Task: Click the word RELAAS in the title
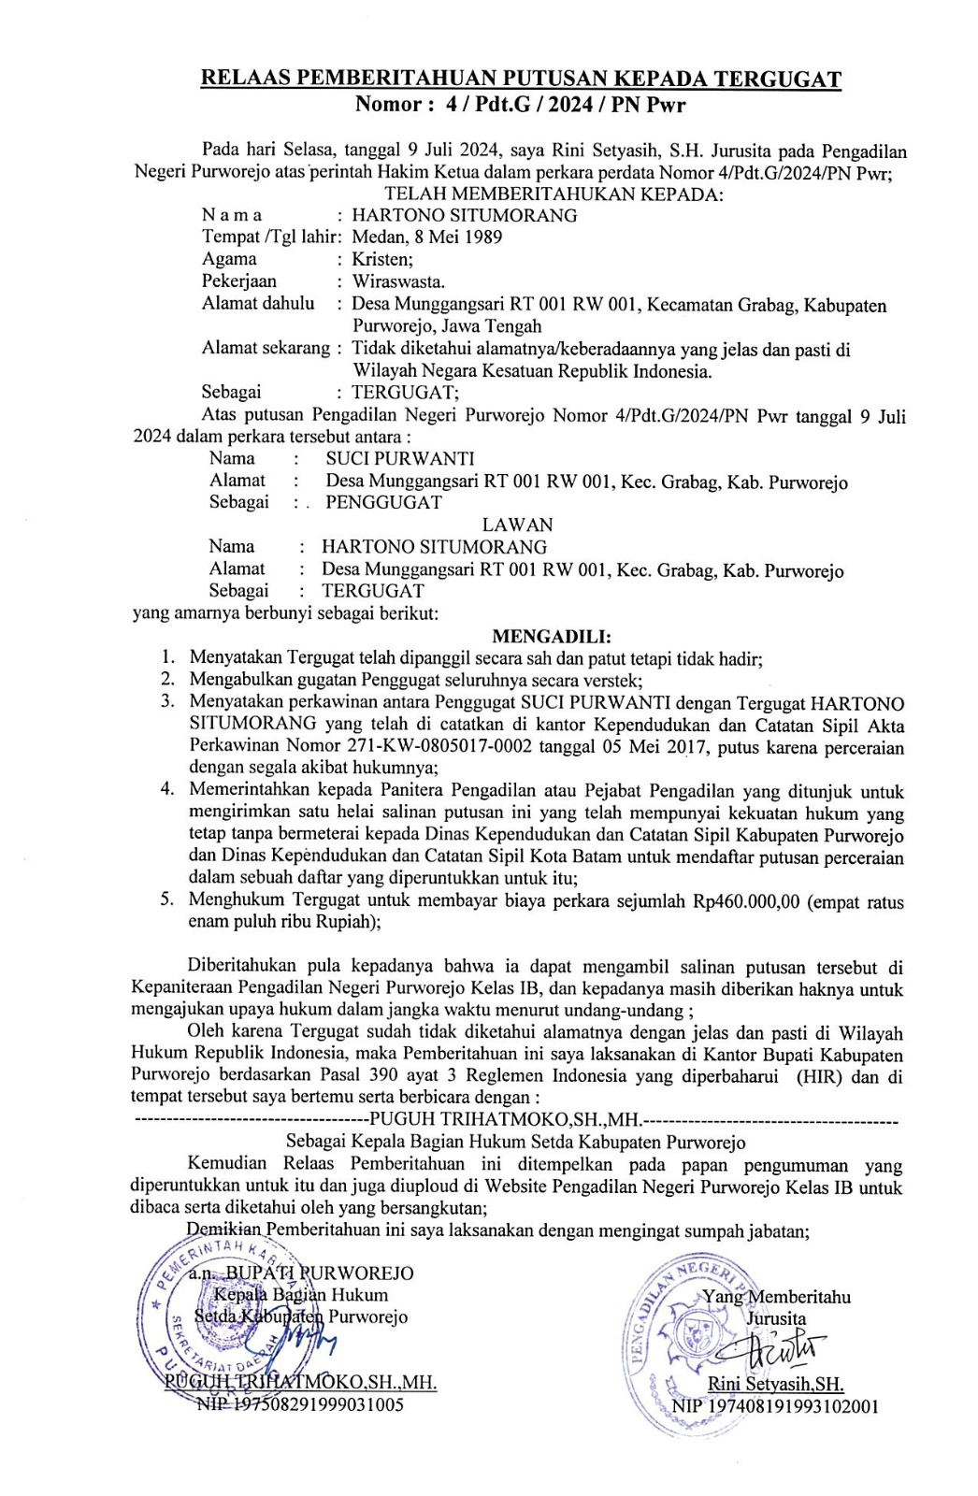tap(242, 79)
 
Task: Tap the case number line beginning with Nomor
tap(520, 104)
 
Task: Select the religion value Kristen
tap(381, 259)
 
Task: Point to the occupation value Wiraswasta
tap(398, 280)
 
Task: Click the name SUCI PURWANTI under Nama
tap(399, 458)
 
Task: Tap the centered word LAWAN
tap(517, 525)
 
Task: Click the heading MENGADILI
tap(552, 637)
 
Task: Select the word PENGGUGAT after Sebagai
tap(383, 502)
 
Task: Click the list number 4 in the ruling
tap(167, 788)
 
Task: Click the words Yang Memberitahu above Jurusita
tap(776, 1296)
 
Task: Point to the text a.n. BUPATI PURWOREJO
tap(300, 1273)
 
